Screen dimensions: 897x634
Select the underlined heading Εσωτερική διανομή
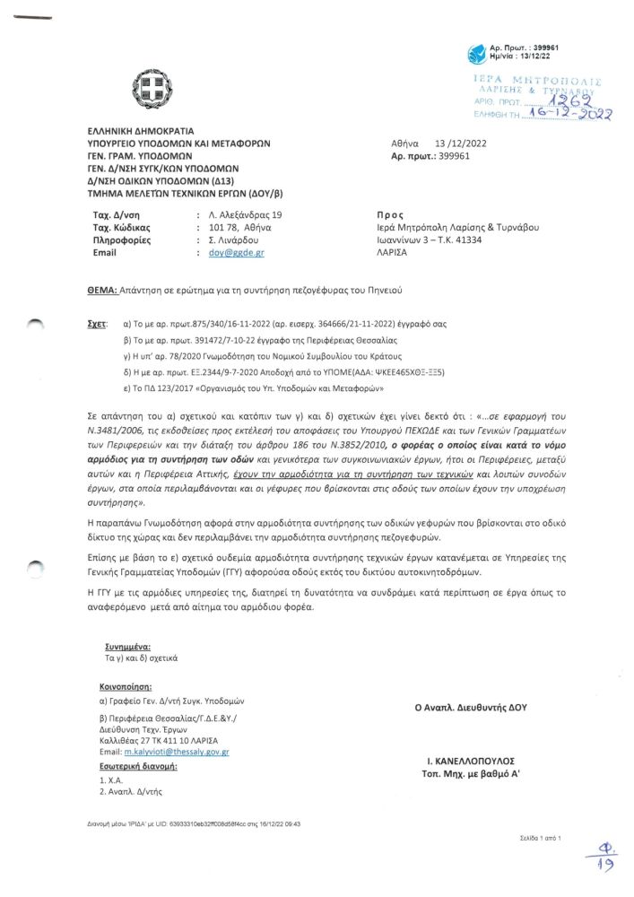pos(137,767)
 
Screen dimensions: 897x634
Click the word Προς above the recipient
pos(394,215)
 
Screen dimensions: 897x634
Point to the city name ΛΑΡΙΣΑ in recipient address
pos(391,253)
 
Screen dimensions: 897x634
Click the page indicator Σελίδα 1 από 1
pos(540,837)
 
